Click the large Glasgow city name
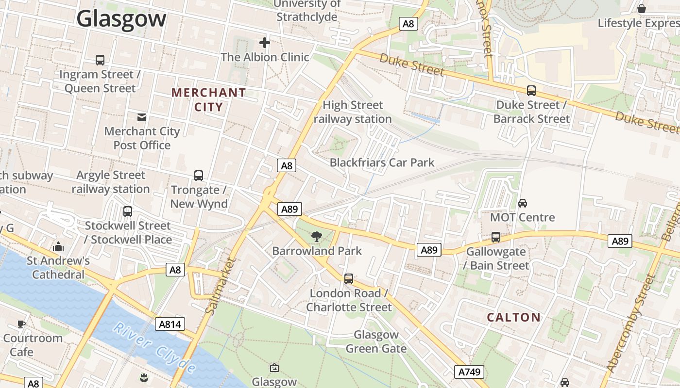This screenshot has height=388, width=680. click(121, 19)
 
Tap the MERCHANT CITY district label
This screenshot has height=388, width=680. click(209, 100)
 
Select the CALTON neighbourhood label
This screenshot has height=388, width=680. click(513, 318)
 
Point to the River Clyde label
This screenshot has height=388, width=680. click(154, 348)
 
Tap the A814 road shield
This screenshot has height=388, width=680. click(170, 324)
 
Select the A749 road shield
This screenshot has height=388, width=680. click(470, 372)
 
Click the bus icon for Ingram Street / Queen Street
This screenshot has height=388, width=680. click(100, 60)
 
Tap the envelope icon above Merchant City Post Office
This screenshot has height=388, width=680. click(142, 117)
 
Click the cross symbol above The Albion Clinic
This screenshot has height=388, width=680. click(265, 43)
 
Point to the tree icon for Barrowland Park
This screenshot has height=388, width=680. click(317, 237)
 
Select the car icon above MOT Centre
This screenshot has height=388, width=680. click(523, 203)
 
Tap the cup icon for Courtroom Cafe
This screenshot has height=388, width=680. click(21, 324)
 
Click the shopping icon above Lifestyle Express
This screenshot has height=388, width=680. click(642, 9)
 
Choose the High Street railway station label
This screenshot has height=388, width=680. click(353, 112)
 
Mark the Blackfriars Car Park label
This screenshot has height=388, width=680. click(382, 162)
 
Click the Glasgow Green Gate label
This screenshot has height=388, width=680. click(376, 341)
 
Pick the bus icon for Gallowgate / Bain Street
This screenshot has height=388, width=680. click(495, 237)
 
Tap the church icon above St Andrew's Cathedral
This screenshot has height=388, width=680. click(58, 246)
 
